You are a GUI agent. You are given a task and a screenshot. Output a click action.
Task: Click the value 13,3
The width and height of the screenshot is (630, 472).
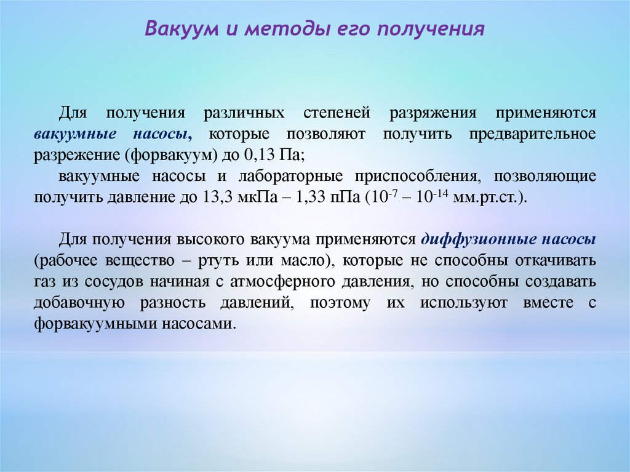point(217,198)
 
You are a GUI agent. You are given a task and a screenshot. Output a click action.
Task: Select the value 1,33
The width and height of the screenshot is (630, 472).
point(311,198)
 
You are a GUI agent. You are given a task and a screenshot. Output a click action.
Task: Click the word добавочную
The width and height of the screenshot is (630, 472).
point(79,303)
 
